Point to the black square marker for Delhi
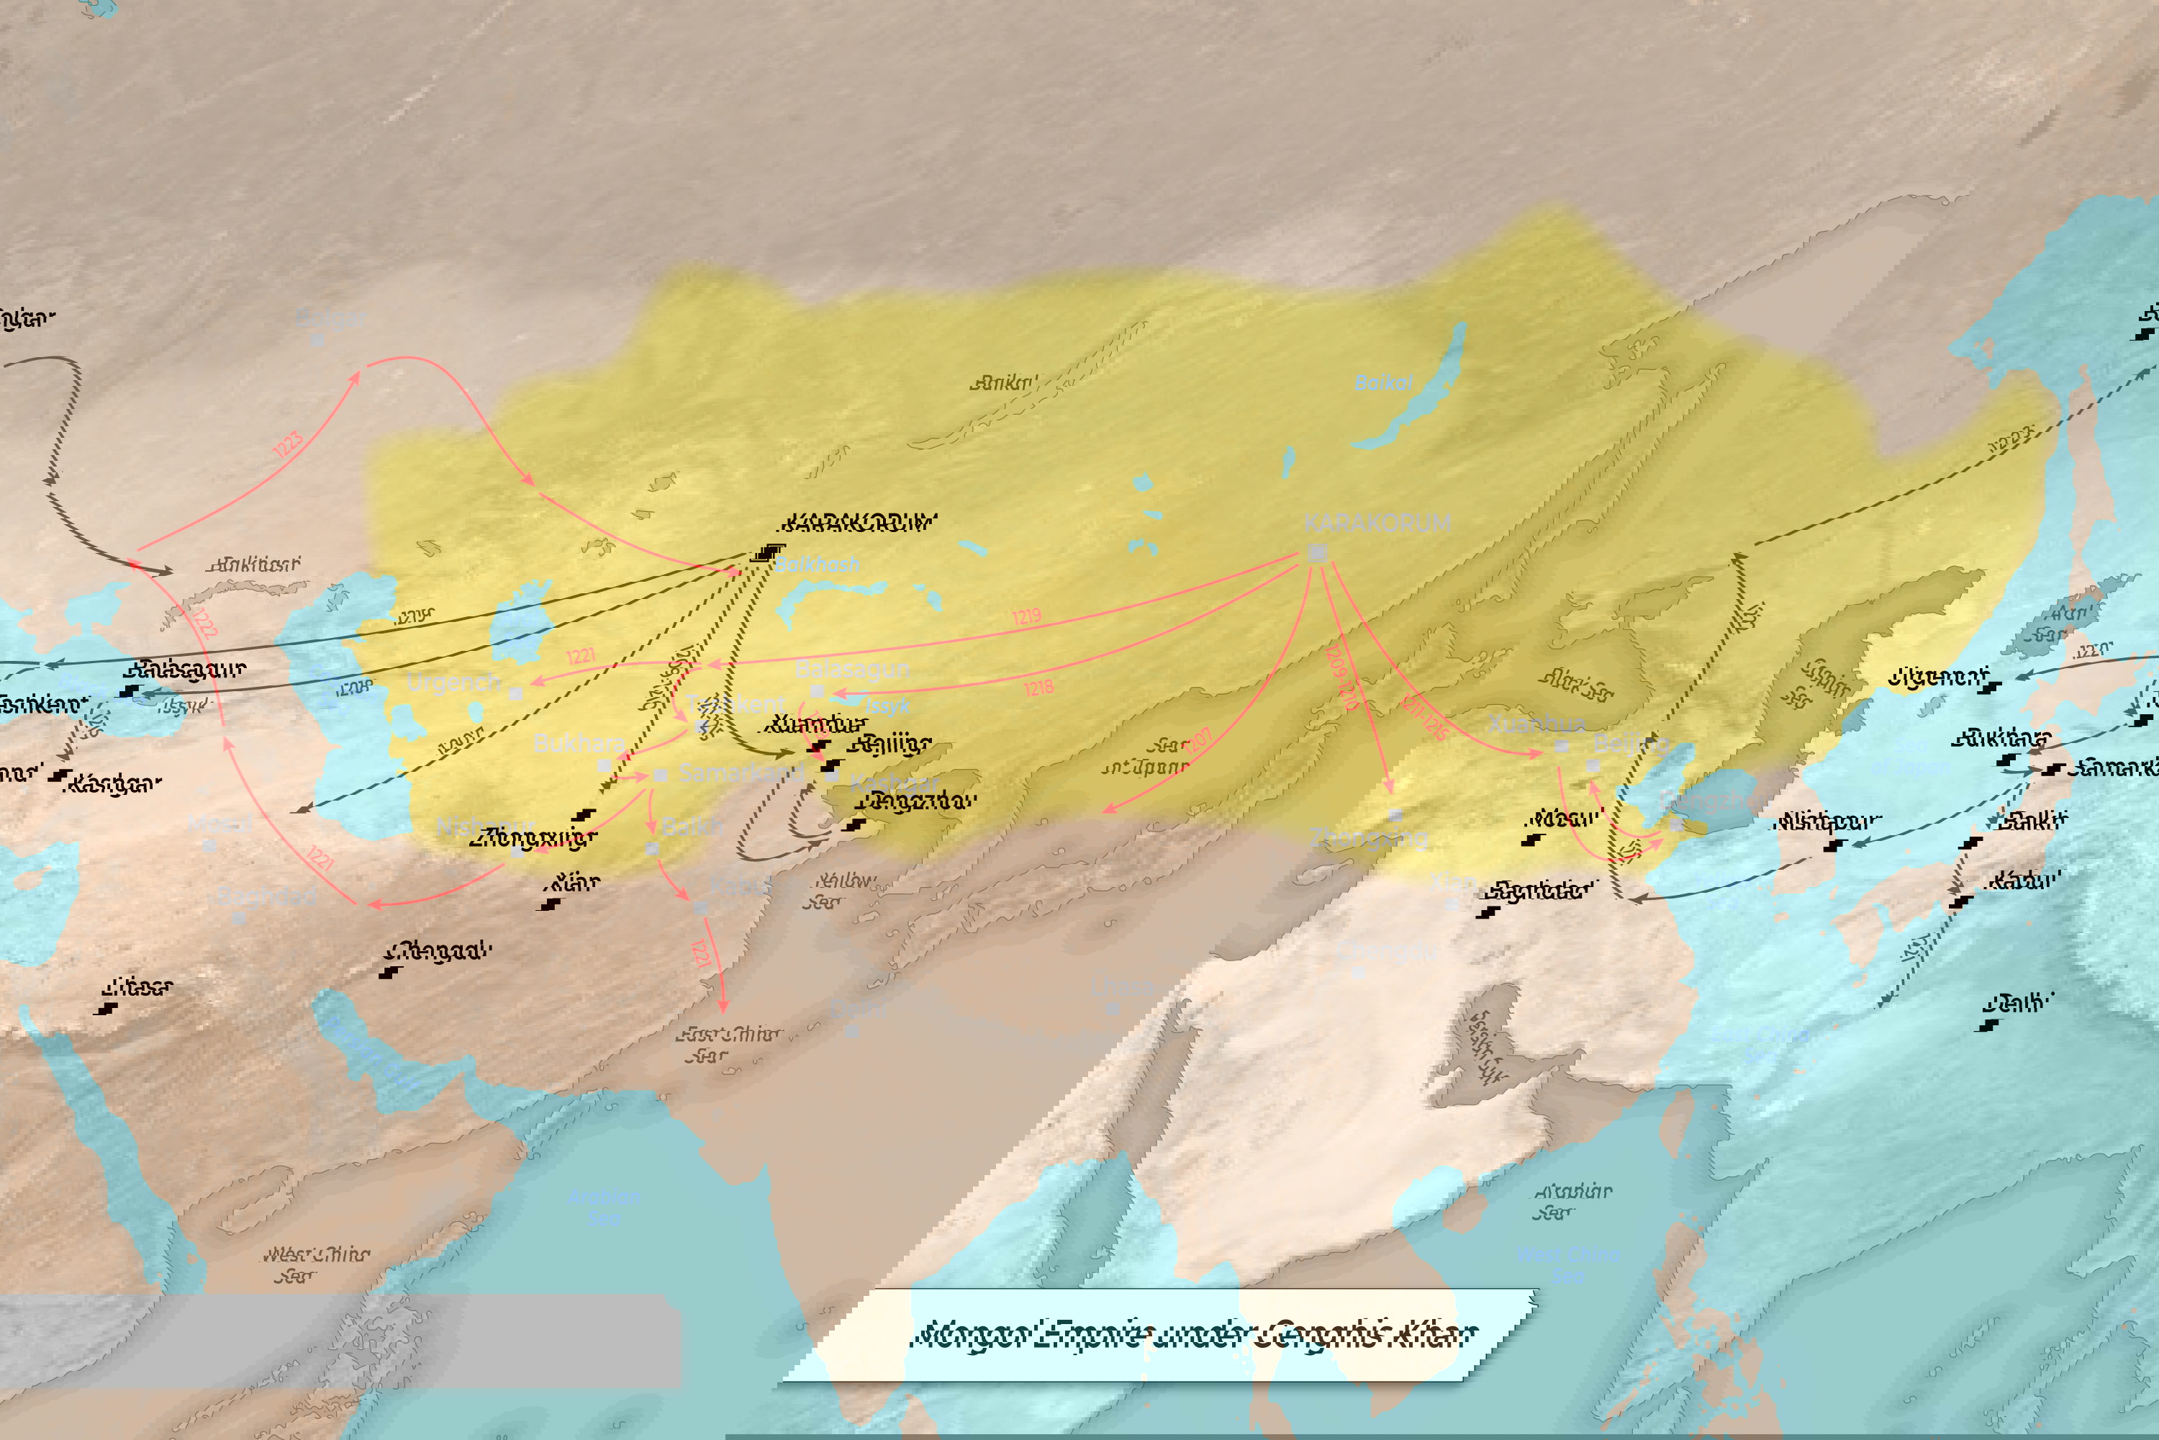pyautogui.click(x=1988, y=1025)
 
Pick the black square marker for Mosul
pyautogui.click(x=1530, y=840)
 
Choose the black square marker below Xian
pyautogui.click(x=550, y=904)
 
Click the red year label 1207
pyautogui.click(x=1198, y=742)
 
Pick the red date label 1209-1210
pyautogui.click(x=1342, y=678)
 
